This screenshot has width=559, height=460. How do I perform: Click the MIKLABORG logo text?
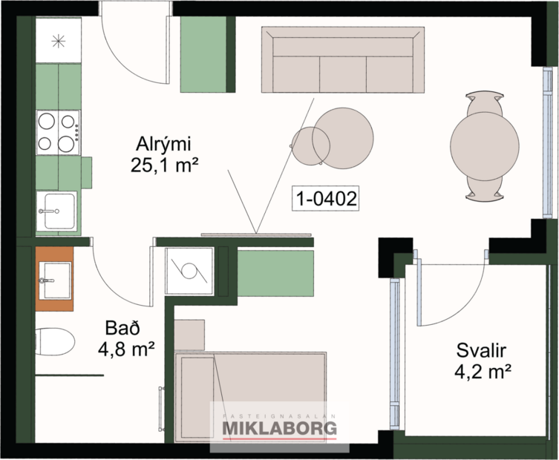280,428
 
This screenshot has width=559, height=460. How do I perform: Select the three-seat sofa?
342,62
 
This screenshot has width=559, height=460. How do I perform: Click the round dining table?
485,145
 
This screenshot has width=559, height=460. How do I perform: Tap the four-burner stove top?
58,131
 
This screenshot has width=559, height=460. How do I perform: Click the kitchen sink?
56,211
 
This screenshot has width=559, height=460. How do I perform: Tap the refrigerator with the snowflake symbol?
57,42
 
